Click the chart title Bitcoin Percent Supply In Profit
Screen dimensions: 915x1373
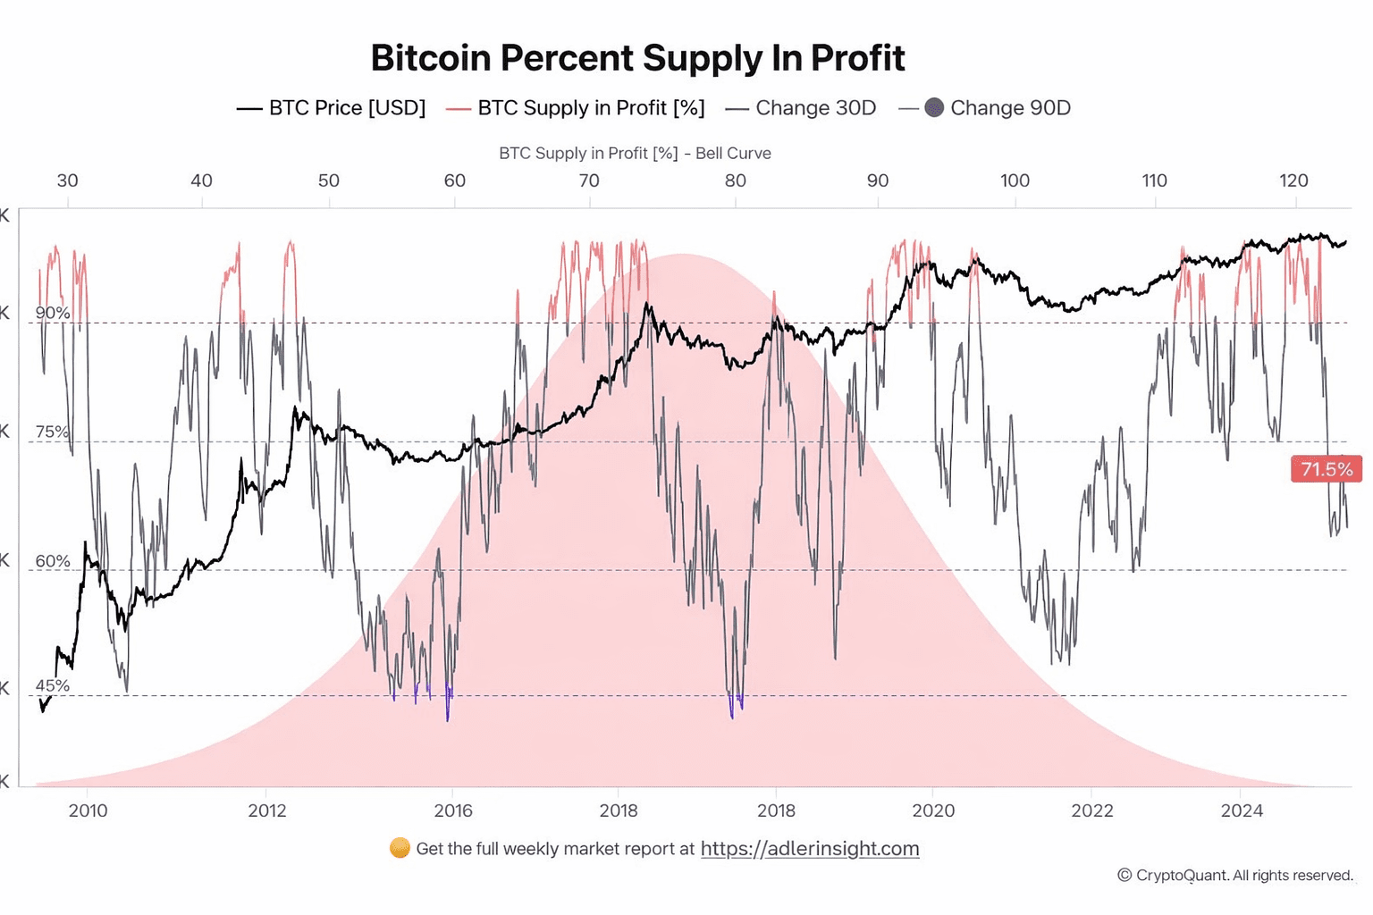tap(637, 58)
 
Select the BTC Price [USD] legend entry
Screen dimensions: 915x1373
tap(331, 108)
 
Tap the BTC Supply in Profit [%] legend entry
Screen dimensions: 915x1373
tap(576, 108)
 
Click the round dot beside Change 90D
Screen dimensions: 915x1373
tap(934, 108)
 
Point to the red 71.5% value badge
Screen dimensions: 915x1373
tap(1326, 469)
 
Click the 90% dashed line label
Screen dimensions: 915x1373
tap(53, 313)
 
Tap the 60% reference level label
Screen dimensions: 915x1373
tap(53, 561)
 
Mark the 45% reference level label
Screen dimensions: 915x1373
tap(53, 685)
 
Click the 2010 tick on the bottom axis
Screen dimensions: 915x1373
tap(88, 810)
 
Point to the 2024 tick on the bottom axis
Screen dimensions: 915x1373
tap(1242, 810)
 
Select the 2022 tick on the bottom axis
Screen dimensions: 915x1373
tap(1092, 810)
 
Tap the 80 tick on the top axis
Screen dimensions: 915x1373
tap(735, 180)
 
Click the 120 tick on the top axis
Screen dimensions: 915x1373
tap(1293, 180)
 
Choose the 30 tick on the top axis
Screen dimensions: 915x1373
tap(67, 180)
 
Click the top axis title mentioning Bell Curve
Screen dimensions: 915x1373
tap(635, 154)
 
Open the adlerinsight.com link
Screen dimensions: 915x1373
tap(810, 849)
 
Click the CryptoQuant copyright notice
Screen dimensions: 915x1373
tap(1235, 876)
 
